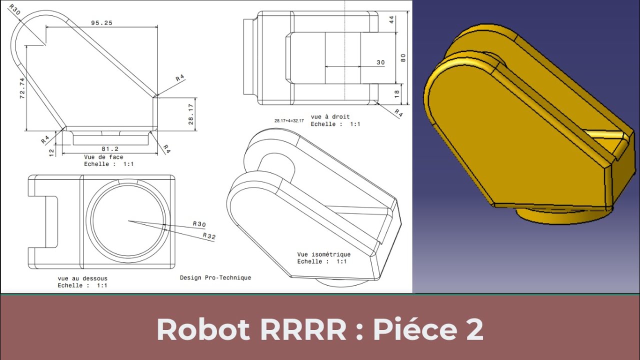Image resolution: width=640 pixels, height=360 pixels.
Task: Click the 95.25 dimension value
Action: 101,23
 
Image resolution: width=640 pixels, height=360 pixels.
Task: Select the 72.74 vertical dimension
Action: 22,88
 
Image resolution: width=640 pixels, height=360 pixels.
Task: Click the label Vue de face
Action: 103,157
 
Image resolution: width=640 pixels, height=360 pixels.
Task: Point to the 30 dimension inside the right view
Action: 380,62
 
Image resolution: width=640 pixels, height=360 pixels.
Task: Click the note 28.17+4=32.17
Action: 288,120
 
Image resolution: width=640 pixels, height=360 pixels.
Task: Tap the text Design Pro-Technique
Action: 215,277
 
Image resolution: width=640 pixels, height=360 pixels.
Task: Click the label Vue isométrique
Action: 323,254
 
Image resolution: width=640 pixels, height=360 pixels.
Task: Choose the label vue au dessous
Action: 82,278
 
